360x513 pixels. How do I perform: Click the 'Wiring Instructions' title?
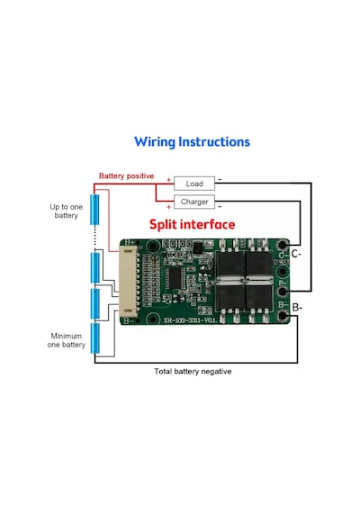[192, 142]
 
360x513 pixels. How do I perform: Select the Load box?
[194, 184]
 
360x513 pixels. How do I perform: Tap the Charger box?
[194, 202]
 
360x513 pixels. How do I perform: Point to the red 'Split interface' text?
[192, 224]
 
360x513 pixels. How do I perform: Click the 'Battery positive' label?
[126, 176]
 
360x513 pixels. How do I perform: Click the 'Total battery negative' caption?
[193, 372]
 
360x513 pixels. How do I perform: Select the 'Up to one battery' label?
[66, 211]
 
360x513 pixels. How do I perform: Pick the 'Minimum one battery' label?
[66, 340]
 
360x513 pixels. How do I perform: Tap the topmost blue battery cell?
[94, 210]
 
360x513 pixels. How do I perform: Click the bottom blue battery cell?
[94, 338]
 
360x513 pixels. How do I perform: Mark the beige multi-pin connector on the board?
[129, 282]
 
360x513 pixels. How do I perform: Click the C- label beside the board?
[296, 254]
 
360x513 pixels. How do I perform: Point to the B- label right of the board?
[297, 308]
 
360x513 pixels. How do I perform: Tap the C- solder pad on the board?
[283, 245]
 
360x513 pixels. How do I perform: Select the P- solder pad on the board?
[283, 292]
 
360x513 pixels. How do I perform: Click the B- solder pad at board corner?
[283, 316]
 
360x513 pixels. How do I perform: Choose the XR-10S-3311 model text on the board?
[190, 320]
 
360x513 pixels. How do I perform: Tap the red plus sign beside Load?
[169, 180]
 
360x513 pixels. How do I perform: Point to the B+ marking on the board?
[130, 242]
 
